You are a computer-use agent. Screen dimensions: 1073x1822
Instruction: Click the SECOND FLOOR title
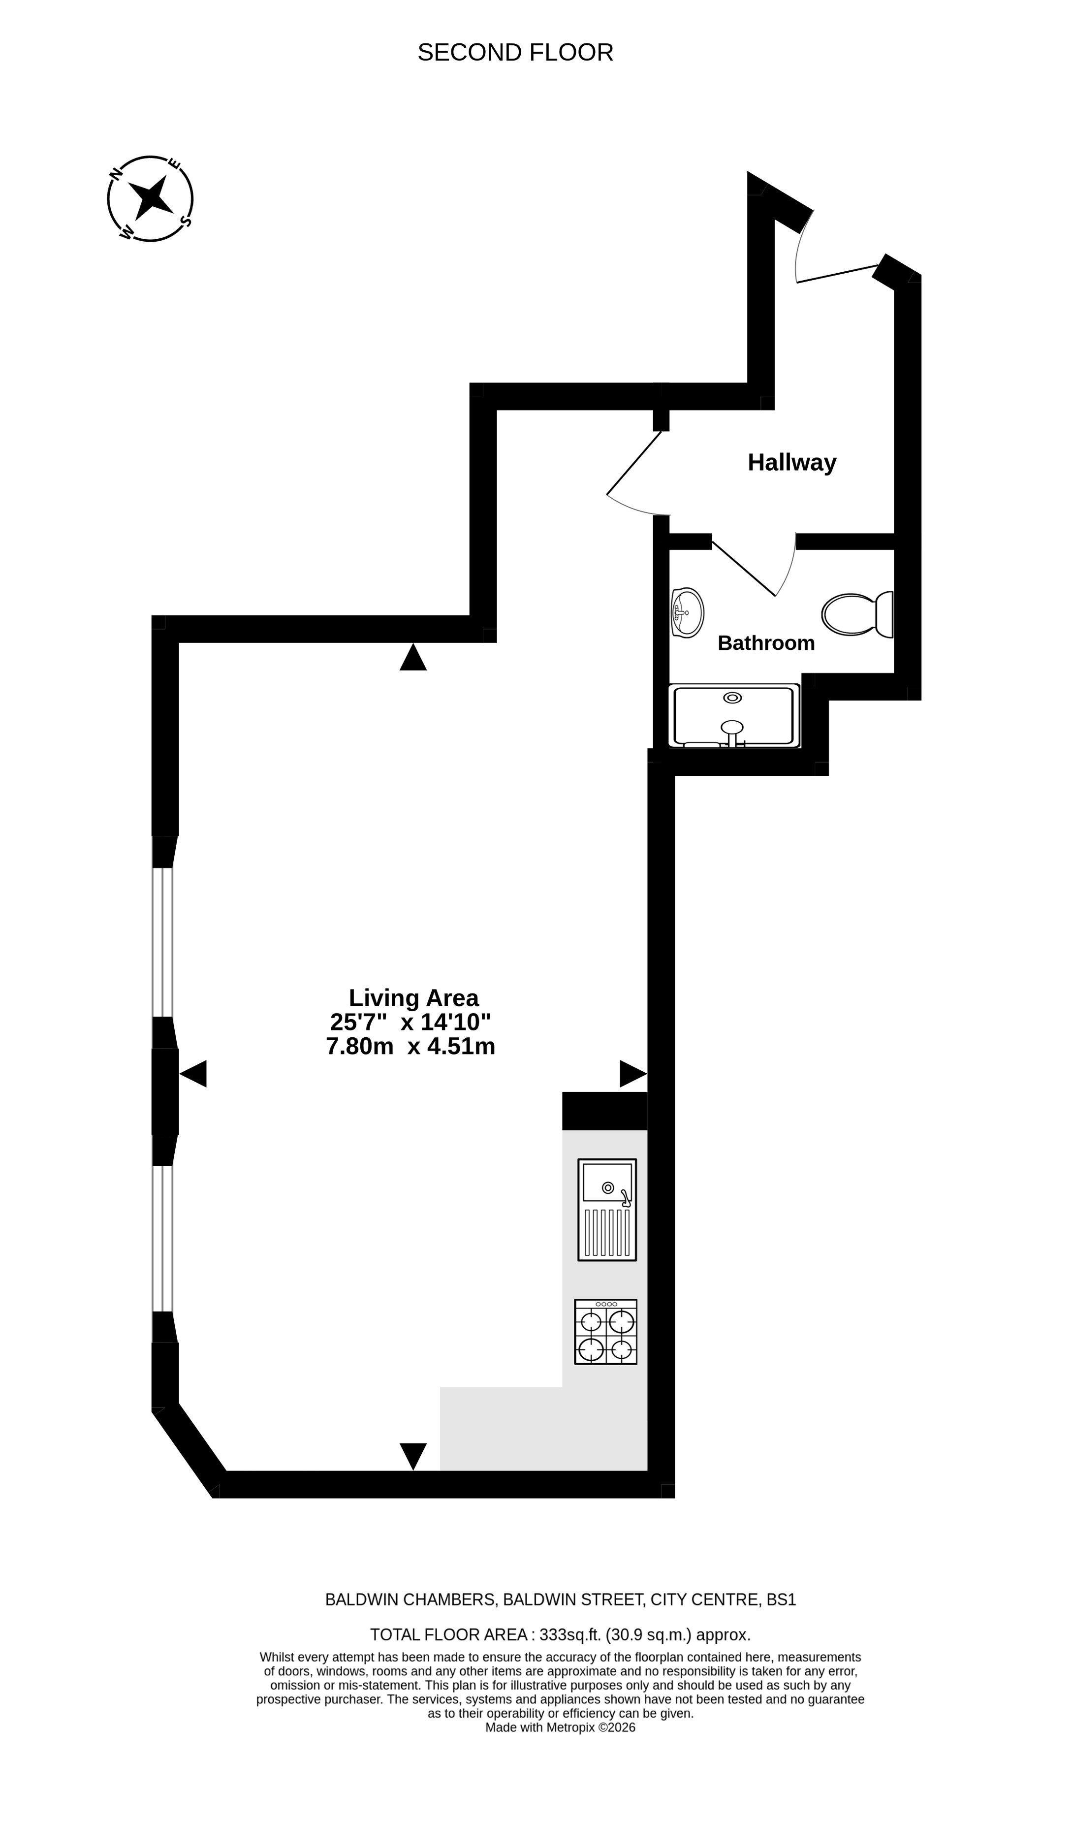(x=515, y=53)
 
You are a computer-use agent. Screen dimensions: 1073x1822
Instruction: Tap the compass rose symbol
(x=151, y=199)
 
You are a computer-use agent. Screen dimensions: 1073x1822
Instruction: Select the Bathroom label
(x=766, y=643)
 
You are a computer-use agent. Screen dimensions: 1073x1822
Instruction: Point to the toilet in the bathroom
(x=857, y=614)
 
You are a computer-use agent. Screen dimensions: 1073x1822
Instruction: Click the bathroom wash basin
(x=687, y=612)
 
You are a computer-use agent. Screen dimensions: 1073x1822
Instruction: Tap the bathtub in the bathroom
(x=734, y=716)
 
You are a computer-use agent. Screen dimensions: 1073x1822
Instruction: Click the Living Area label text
(x=413, y=998)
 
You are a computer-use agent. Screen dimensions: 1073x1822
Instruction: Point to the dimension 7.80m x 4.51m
(x=410, y=1046)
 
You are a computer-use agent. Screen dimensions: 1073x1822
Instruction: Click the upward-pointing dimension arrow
(x=413, y=657)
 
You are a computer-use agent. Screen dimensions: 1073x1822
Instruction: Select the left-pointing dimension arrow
(x=193, y=1074)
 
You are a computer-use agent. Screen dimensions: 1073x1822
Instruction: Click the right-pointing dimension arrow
(x=633, y=1074)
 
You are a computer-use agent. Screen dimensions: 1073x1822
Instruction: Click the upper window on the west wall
(x=163, y=942)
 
